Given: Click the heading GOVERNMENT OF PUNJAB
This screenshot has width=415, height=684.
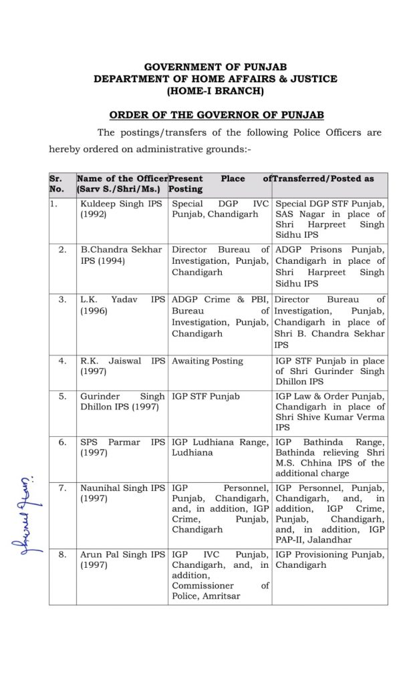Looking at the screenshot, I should [215, 67].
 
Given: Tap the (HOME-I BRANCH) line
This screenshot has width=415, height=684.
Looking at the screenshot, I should [215, 90].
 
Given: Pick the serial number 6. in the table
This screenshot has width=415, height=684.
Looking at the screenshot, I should [62, 442].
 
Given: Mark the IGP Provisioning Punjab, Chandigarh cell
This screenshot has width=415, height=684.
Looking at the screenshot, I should [329, 560].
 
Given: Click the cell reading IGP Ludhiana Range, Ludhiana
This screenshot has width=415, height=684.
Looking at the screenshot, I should [220, 447].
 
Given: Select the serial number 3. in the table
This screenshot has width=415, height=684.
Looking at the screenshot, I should [62, 300].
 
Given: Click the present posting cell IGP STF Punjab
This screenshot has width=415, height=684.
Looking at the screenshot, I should [206, 396].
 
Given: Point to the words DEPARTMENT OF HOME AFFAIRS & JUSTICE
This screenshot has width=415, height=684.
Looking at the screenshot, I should [215, 79].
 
